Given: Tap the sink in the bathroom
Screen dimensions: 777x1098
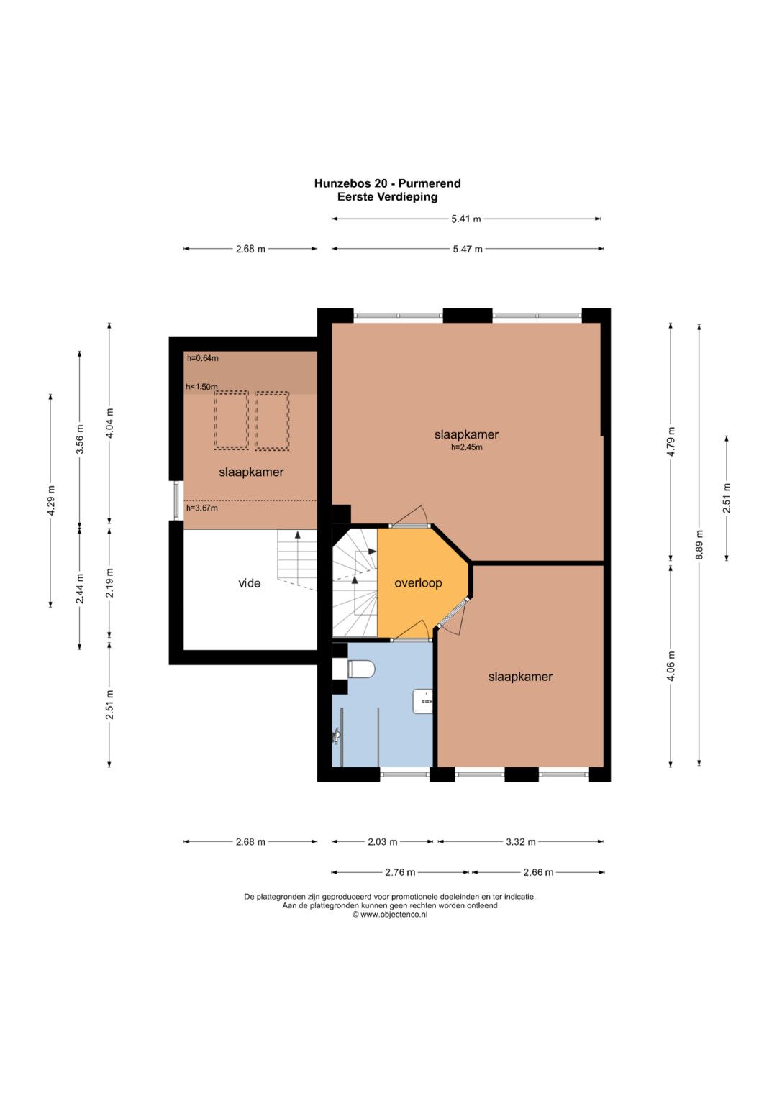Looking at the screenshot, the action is tap(423, 702).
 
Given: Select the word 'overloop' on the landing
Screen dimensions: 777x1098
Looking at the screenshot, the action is tap(419, 583).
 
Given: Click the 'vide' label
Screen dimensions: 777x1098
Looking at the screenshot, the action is tap(249, 583).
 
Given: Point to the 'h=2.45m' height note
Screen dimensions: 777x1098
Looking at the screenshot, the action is tap(466, 447).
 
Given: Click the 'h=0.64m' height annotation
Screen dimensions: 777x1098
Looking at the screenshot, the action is tap(203, 358).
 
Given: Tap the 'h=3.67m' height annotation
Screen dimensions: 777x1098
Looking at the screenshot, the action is tap(201, 508).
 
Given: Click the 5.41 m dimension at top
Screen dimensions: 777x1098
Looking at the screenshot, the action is tap(466, 219).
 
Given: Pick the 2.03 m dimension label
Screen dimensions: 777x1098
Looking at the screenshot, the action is tap(383, 841).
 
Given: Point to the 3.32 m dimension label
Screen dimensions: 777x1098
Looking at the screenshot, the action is tap(520, 841).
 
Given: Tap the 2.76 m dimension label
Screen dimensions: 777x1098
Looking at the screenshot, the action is tap(400, 872).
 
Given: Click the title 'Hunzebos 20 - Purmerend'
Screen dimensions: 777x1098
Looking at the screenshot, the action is tap(388, 183).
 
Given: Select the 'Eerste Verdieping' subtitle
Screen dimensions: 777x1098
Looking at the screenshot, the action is tap(388, 197).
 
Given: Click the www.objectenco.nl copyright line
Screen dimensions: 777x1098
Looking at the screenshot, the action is tap(389, 914).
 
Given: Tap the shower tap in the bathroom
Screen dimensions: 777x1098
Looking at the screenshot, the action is tap(337, 736).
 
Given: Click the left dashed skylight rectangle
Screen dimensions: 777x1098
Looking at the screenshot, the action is tap(231, 420).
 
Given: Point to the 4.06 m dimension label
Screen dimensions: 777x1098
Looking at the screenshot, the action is tap(671, 664).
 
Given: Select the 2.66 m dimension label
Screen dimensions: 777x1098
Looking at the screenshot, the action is tap(538, 872).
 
